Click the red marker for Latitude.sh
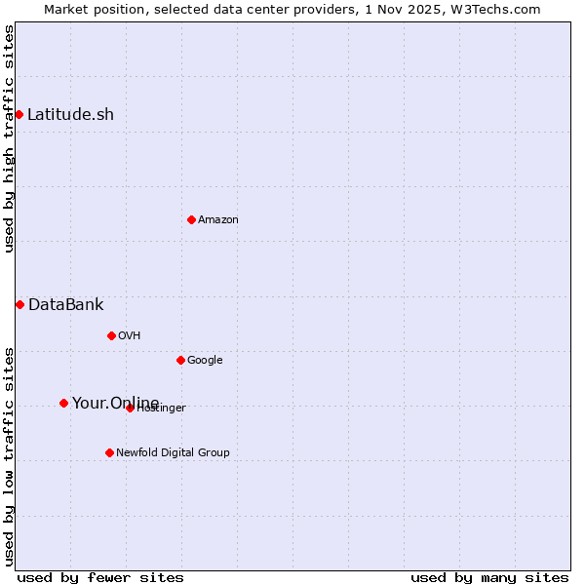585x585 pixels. click(19, 115)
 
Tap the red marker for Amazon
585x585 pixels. click(191, 219)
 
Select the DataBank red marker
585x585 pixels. click(19, 304)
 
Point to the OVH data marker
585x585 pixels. click(111, 335)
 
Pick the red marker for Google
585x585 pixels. click(180, 360)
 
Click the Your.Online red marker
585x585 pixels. click(63, 403)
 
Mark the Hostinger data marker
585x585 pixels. click(130, 408)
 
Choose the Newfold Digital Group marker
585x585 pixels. click(109, 452)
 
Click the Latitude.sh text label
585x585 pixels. click(70, 115)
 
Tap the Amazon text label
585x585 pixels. click(218, 219)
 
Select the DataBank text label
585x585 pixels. click(65, 304)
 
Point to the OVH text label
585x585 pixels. click(130, 335)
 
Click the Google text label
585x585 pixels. click(205, 360)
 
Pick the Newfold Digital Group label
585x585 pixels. click(173, 452)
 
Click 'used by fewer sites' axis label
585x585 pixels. click(100, 577)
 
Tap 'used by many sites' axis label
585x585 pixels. click(489, 577)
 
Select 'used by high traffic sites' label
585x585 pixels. click(9, 138)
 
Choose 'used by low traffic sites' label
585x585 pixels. click(9, 455)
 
